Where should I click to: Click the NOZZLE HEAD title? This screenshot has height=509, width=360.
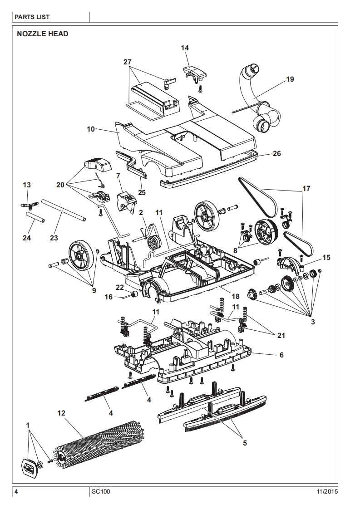click(42, 34)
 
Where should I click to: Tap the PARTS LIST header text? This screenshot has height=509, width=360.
click(32, 17)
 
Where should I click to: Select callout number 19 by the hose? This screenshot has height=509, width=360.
click(290, 79)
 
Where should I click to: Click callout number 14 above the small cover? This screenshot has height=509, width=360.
click(185, 48)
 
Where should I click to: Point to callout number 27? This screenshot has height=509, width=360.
click(128, 62)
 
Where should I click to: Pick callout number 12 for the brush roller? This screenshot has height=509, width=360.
click(61, 413)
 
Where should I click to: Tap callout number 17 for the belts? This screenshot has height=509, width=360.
click(306, 188)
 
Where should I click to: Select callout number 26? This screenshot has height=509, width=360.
click(276, 154)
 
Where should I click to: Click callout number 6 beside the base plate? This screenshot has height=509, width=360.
click(281, 355)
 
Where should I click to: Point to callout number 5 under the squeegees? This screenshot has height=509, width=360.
click(245, 443)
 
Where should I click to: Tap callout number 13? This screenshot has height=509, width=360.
click(27, 185)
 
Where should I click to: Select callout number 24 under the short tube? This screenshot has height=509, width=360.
click(27, 237)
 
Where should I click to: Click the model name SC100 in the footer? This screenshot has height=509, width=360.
click(100, 491)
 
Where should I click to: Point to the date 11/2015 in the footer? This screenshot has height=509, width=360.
click(326, 491)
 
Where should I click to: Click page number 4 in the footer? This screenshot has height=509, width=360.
click(16, 491)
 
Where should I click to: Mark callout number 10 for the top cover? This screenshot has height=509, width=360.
click(91, 129)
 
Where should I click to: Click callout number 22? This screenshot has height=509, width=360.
click(119, 287)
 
